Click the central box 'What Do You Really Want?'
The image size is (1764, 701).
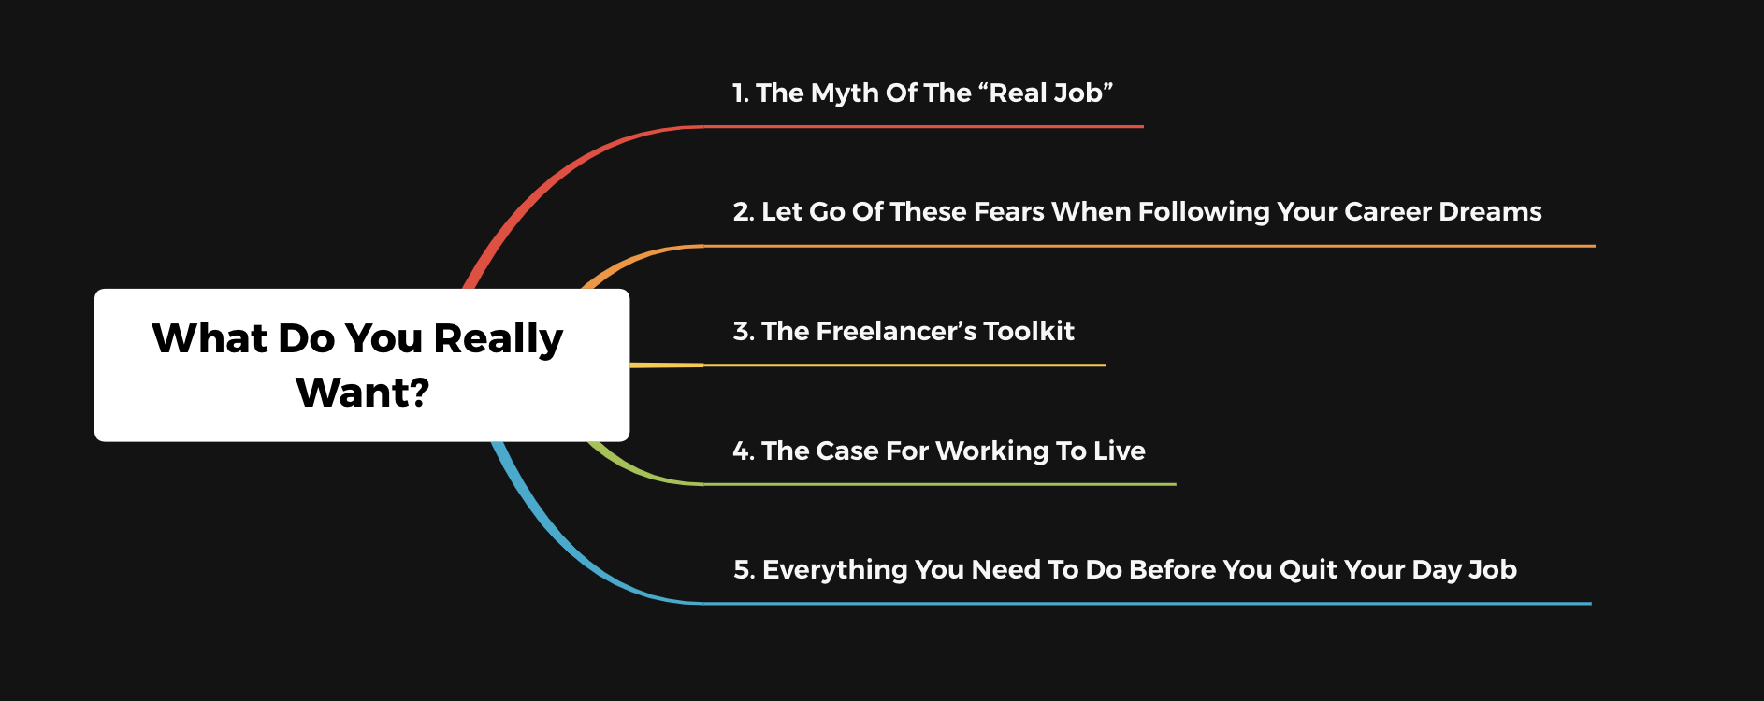[x=362, y=365]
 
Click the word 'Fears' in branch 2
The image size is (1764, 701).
[x=1008, y=212]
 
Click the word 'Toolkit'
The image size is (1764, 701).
[x=1029, y=332]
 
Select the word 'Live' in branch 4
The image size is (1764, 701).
[x=1120, y=451]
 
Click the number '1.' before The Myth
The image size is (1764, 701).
[x=741, y=93]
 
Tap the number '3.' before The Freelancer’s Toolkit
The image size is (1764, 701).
[x=744, y=332]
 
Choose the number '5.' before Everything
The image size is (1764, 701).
[x=744, y=570]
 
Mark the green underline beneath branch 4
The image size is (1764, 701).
[x=940, y=484]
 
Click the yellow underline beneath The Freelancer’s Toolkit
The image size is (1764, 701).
[x=904, y=365]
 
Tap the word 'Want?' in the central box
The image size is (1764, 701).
[x=363, y=393]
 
